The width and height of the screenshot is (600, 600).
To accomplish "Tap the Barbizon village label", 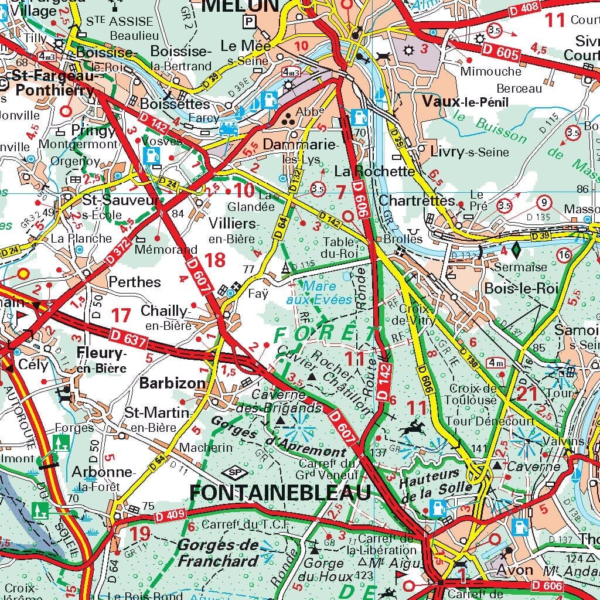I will tap(173, 383).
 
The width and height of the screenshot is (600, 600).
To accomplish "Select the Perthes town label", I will tap(134, 282).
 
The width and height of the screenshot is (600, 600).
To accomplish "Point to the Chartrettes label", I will tap(417, 200).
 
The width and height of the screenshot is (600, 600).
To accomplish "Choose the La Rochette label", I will tap(374, 172).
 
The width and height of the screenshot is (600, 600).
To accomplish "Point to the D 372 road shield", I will tap(118, 251).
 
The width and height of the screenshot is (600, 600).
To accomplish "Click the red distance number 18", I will tap(214, 260).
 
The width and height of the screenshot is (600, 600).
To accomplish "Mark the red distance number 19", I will tap(140, 534).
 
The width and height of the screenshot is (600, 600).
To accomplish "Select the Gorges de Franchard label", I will tap(218, 553).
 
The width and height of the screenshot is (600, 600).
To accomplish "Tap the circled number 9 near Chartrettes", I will tap(544, 203).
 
